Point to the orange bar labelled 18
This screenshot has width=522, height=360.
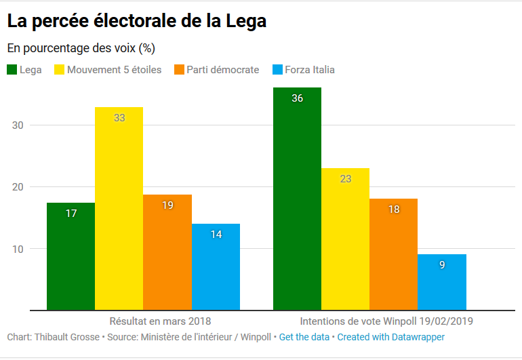coord(393,254)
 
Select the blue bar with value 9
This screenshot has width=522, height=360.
coord(442,282)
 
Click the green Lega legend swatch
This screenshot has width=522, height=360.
coord(12,70)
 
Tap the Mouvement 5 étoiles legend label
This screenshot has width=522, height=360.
coord(114,70)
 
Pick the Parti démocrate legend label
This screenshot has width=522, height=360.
coord(222,70)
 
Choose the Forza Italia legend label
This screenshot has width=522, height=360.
coord(310,70)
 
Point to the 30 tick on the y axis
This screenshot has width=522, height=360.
coord(18,125)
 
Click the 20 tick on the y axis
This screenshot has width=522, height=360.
coord(18,187)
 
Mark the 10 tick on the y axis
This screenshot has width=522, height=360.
coord(18,249)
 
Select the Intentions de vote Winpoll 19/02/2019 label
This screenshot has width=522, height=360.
coord(386,320)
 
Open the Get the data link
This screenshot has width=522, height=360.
coord(304,337)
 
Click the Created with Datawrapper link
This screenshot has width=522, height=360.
coord(390,337)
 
